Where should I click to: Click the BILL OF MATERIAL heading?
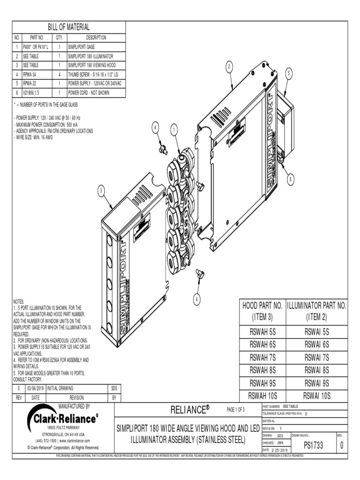click(69, 27)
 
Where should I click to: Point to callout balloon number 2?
click(229, 67)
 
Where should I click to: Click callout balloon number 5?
click(289, 73)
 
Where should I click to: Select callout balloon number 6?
click(291, 179)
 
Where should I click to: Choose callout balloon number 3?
click(101, 190)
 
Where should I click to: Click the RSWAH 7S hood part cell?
click(262, 357)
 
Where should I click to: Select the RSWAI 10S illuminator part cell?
click(317, 395)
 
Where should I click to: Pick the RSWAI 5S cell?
click(317, 331)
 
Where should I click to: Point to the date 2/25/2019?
click(275, 450)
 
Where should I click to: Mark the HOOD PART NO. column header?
click(262, 310)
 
